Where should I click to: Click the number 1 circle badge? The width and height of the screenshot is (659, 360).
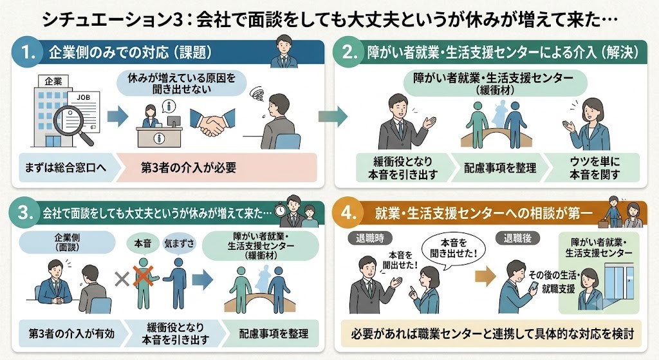(29, 53)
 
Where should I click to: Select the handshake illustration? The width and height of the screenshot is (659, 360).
(212, 121)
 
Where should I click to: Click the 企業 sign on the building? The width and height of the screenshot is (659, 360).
(53, 81)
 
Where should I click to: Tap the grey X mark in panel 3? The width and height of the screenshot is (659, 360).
(122, 279)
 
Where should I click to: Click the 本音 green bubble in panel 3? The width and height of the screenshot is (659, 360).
(142, 243)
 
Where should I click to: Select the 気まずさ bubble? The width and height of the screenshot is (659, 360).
(179, 243)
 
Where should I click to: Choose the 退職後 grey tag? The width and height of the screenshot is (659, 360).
(517, 238)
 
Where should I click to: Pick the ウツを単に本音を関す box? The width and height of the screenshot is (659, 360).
(593, 168)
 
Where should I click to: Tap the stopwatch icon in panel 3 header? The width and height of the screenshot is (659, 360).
(280, 211)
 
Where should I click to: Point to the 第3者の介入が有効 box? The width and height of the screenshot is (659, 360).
(72, 334)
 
